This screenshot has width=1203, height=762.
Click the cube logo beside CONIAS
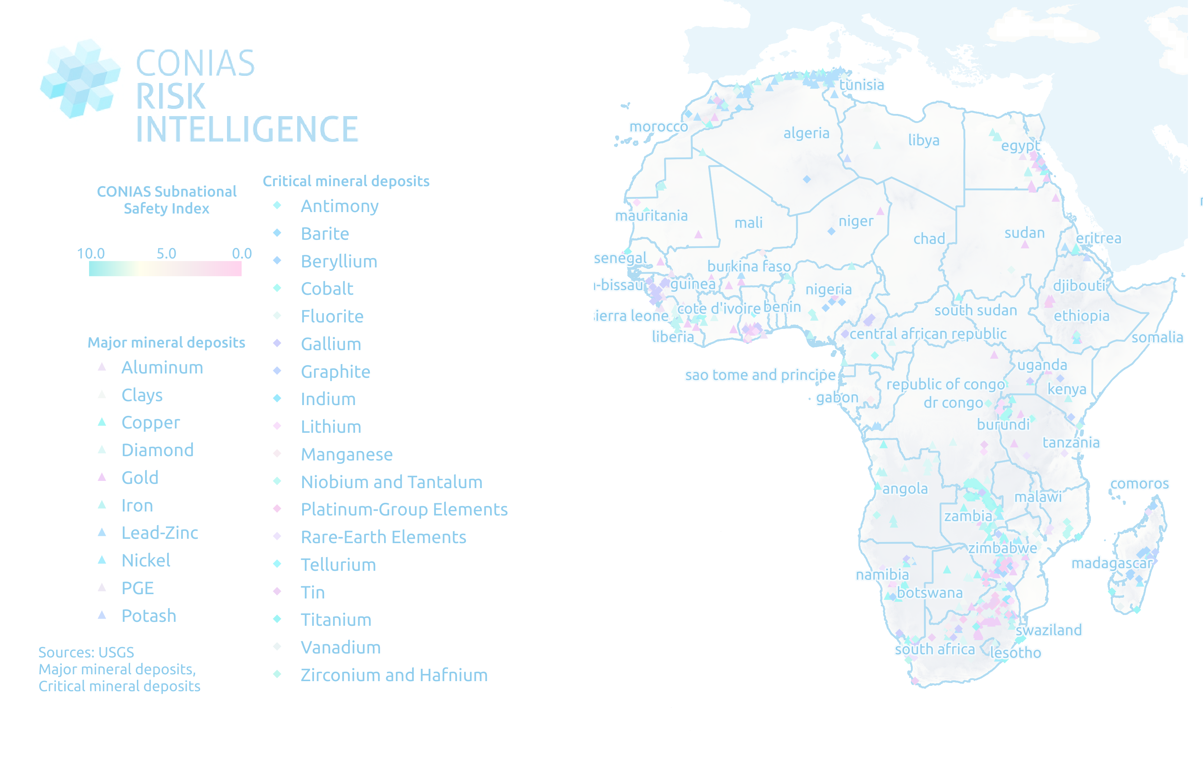click(80, 78)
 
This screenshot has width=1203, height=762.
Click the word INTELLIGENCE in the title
click(247, 129)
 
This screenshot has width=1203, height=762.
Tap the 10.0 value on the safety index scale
click(91, 253)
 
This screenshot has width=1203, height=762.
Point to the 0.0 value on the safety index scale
click(242, 253)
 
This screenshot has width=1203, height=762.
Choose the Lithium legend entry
click(331, 427)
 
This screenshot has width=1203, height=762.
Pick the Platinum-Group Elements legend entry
click(404, 509)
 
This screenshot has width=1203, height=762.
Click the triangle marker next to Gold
click(102, 477)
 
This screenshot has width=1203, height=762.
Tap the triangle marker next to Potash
click(102, 615)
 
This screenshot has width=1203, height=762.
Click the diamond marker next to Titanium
click(277, 619)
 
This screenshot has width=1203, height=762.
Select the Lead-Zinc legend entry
click(160, 533)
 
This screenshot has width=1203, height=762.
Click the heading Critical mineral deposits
click(346, 181)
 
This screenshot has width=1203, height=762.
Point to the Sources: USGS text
click(86, 652)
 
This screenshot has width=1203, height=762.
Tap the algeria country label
click(806, 133)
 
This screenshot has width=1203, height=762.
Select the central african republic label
click(928, 334)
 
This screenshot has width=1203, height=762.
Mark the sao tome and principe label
click(760, 375)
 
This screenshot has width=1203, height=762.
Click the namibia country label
click(882, 575)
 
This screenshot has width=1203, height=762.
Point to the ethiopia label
click(1081, 316)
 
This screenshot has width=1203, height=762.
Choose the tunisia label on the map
click(861, 85)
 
